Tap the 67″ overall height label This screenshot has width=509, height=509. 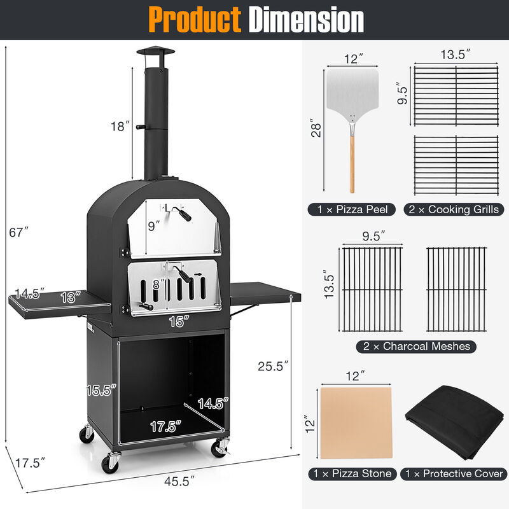tap(20, 233)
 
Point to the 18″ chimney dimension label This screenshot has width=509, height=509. tap(119, 127)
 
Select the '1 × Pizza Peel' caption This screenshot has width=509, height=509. tap(352, 209)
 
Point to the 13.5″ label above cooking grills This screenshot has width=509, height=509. tap(455, 55)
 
